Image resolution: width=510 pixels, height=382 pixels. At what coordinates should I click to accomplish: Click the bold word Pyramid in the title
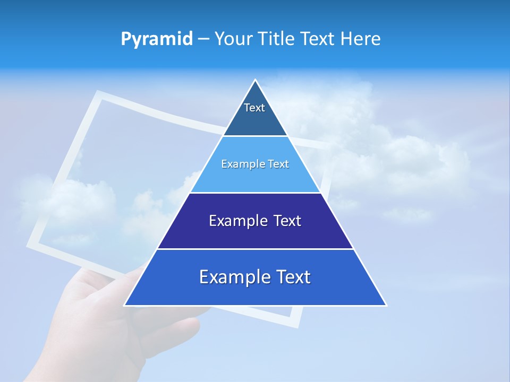(x=156, y=39)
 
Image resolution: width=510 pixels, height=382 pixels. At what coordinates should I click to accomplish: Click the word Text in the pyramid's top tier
(x=254, y=108)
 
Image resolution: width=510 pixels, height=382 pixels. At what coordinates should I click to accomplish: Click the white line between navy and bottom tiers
(x=255, y=249)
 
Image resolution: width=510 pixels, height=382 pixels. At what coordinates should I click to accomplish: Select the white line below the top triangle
(x=255, y=136)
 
